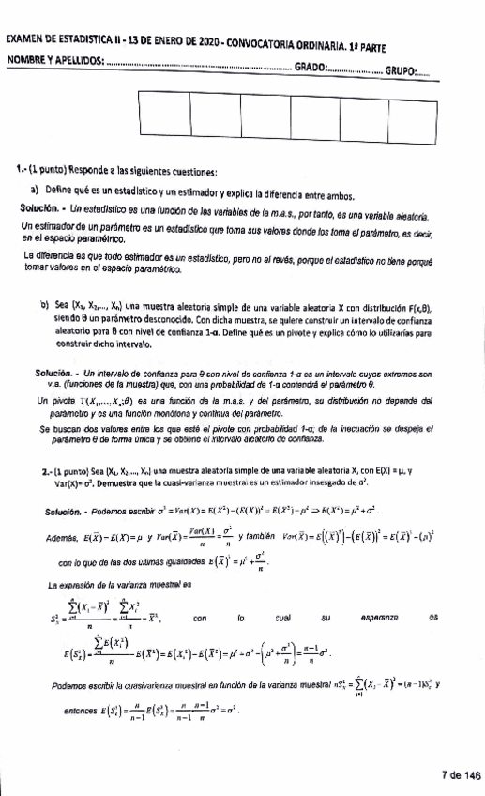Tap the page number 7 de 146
[460, 775]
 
